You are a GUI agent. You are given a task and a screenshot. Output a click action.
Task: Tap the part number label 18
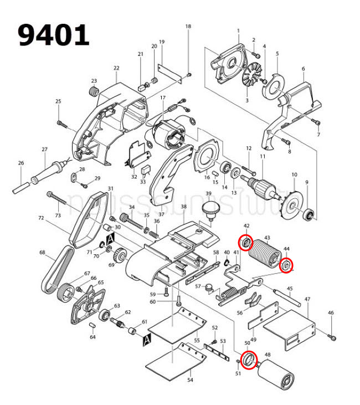point(188,27)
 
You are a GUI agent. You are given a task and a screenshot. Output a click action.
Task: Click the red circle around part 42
point(245,243)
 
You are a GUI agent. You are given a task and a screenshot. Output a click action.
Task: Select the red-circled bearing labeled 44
point(286,266)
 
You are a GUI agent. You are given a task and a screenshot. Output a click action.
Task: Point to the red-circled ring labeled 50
point(249,360)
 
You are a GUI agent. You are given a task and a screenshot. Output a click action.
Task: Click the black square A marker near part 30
point(110,238)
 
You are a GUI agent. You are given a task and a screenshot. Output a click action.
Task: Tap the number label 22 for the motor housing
point(116,68)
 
